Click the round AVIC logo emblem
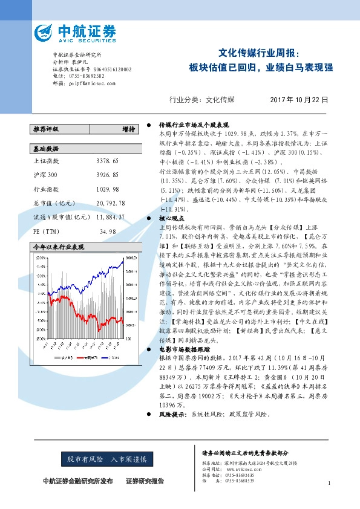[44, 31]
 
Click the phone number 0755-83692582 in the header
[84, 76]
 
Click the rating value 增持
[128, 129]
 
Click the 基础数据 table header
[46, 148]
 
